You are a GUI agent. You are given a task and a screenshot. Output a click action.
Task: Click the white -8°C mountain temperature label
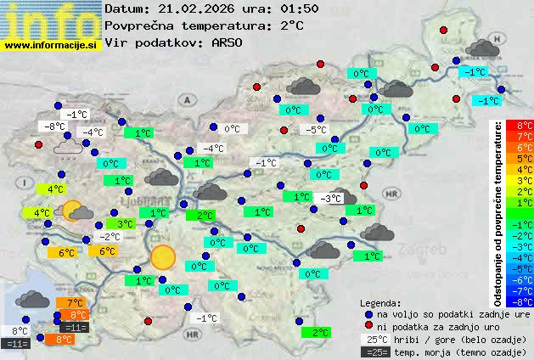coord(55,127)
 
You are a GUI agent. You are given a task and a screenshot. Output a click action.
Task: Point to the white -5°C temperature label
coord(316,130)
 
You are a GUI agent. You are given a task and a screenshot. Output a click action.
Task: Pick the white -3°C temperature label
coord(331,198)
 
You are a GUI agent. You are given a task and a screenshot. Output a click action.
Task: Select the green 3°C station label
coord(124,223)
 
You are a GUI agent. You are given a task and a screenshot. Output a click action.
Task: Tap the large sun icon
coord(163,257)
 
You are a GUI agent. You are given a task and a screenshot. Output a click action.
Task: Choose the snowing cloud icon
coord(68,148)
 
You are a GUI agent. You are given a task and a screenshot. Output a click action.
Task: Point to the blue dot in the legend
coord(368,313)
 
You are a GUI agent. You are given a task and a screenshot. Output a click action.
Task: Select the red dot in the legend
coord(368,326)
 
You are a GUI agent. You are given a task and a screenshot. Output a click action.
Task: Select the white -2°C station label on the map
coord(109,237)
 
